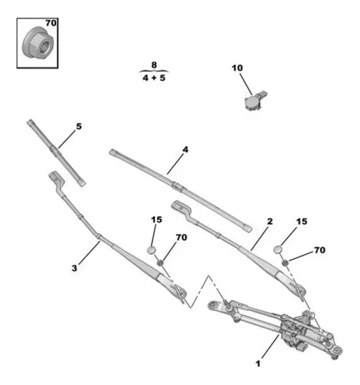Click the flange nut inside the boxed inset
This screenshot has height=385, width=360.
coord(38,43)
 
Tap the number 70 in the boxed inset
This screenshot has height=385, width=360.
coord(51,23)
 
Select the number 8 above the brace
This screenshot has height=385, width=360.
coord(154,65)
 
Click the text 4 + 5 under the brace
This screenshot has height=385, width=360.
coord(154,78)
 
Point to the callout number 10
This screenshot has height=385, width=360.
coord(237,68)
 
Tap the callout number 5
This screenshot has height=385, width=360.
coord(78,126)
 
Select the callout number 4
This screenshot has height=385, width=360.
coord(185,149)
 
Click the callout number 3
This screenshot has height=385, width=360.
coord(75,268)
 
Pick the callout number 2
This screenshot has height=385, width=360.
coord(270,221)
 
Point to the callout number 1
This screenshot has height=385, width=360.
coord(258,363)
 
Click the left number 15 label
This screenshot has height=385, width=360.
coord(156,219)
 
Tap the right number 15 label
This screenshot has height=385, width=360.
coord(302,222)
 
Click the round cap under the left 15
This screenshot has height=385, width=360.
coord(152,250)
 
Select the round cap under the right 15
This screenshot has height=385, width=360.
coord(278,249)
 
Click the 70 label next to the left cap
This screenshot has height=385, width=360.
coord(182,237)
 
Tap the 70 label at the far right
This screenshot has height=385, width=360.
coord(319,249)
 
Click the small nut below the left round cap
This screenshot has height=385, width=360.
coord(160,263)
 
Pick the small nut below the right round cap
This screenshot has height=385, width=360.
coord(285,263)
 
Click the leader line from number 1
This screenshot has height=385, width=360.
coord(270,346)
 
